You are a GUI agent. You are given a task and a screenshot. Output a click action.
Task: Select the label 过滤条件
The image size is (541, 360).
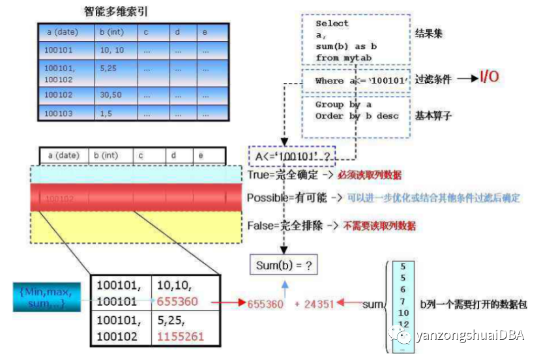(x=433, y=79)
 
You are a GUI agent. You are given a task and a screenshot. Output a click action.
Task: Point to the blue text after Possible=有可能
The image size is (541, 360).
(x=433, y=198)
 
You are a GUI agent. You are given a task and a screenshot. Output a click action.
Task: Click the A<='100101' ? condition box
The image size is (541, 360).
(x=287, y=157)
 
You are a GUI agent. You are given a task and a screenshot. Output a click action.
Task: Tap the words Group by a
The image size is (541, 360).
(x=343, y=104)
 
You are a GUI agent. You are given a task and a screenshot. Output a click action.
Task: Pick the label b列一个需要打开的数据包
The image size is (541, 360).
(x=475, y=304)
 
